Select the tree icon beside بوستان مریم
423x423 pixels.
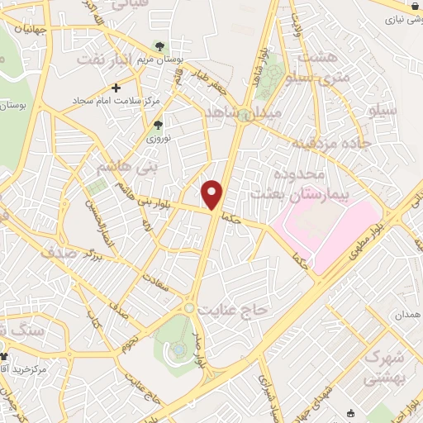[159, 47]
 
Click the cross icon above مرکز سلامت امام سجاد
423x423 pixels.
[116, 87]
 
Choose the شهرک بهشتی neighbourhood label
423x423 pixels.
[386, 368]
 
